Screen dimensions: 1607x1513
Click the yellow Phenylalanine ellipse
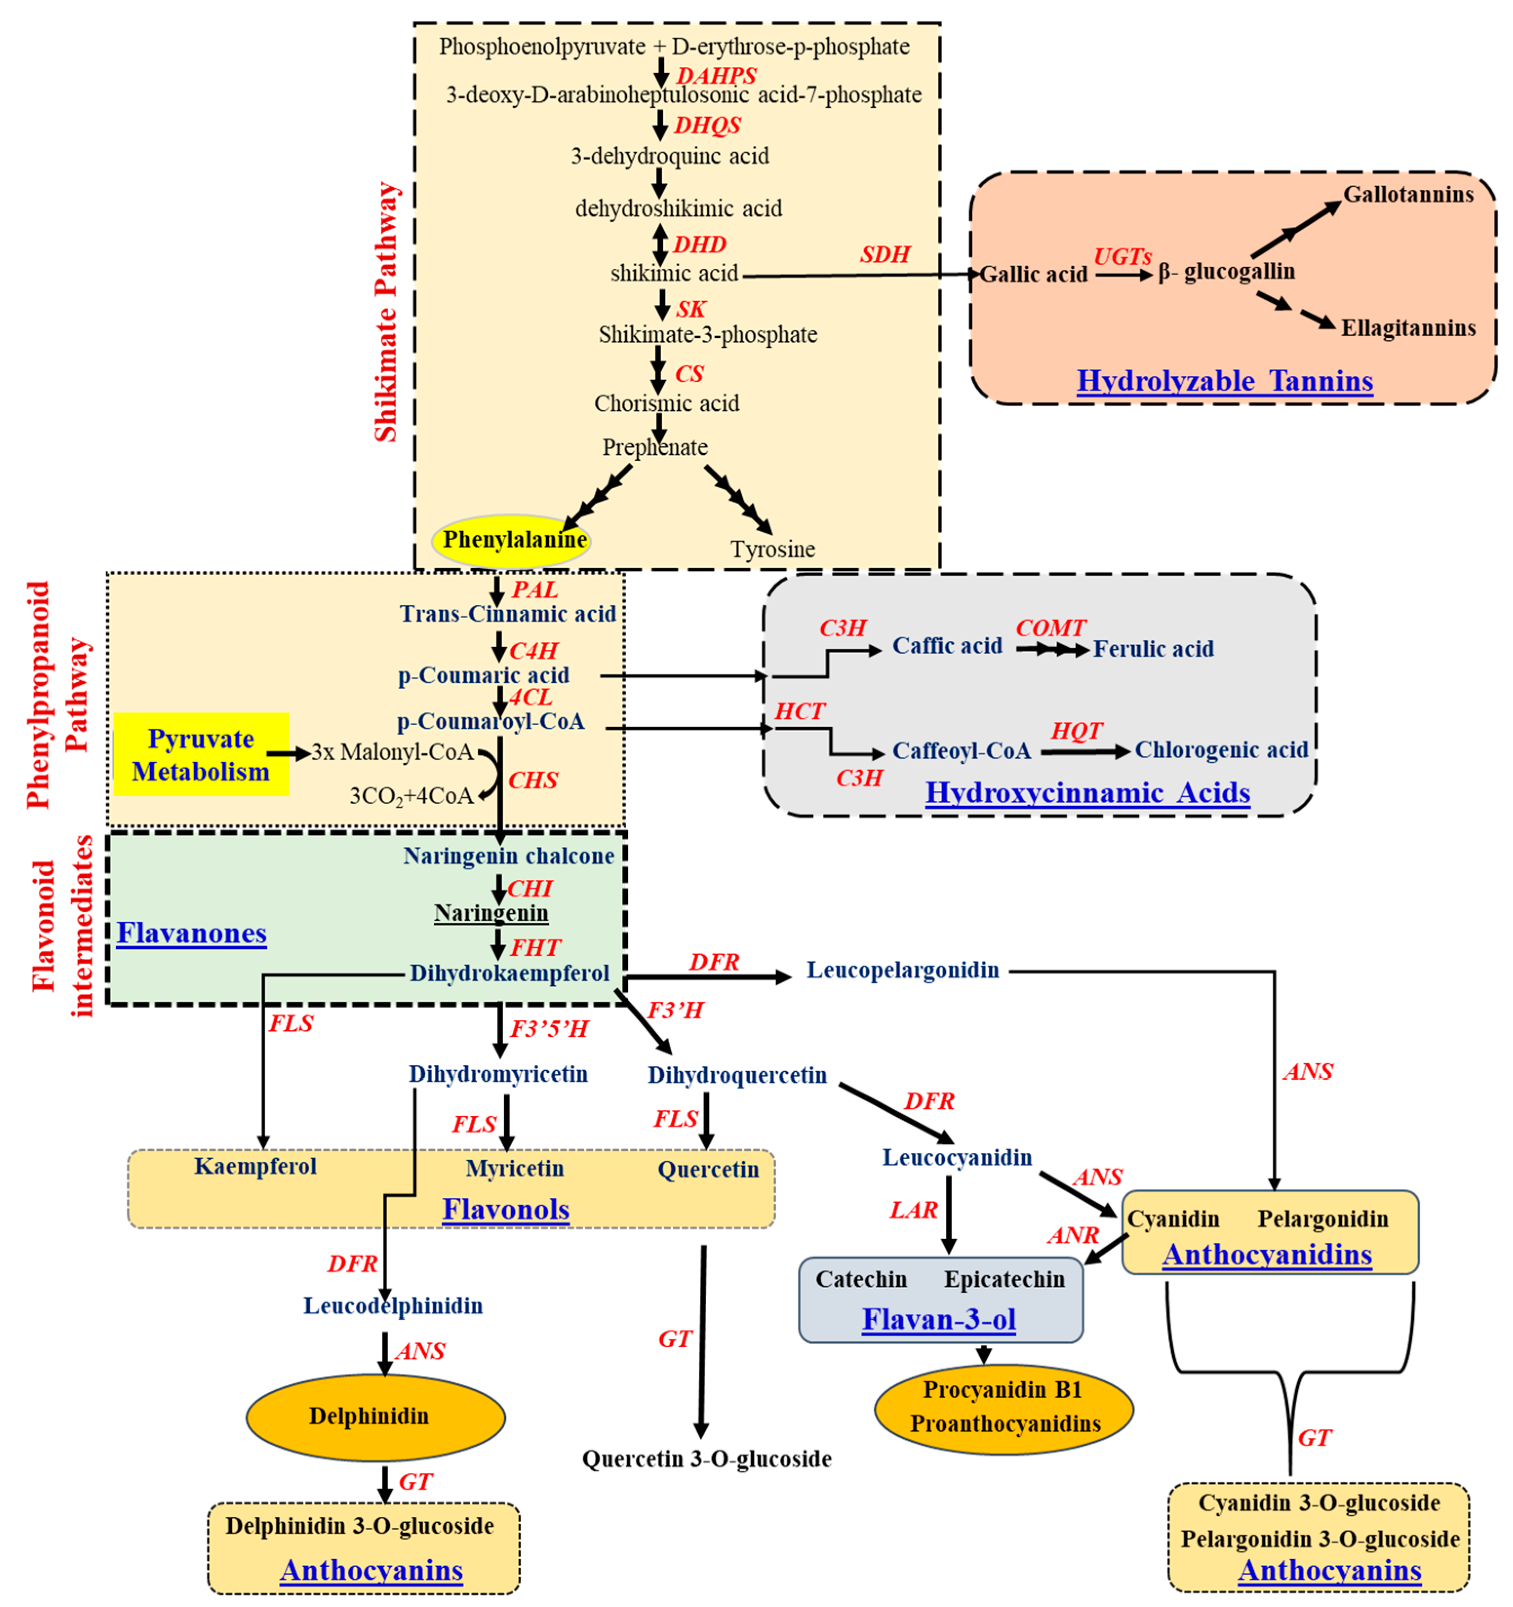click(512, 540)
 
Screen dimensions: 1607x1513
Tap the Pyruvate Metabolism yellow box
click(201, 754)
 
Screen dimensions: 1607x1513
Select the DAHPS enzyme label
click(716, 76)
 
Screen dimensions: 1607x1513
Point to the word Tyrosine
click(773, 550)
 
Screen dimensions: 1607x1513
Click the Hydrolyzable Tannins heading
click(1224, 381)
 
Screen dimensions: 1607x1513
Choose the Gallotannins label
click(1408, 195)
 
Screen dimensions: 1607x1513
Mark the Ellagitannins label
click(1408, 328)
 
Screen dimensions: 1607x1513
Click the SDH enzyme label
click(885, 255)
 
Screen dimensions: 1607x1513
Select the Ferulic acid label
click(1153, 649)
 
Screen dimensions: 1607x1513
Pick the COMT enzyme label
click(1051, 628)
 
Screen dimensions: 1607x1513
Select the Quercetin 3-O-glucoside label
click(707, 1459)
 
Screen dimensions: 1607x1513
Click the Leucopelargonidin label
click(903, 970)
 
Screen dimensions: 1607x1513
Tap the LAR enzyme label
click(914, 1210)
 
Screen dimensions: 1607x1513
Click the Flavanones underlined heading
click(192, 933)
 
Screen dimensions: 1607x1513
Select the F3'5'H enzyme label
click(550, 1029)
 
